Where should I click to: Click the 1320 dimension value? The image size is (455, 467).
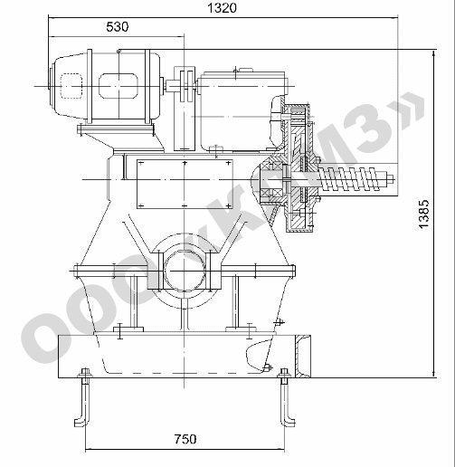[x=223, y=8]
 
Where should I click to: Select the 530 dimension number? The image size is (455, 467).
[x=118, y=27]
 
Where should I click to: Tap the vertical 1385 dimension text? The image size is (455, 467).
[x=423, y=214]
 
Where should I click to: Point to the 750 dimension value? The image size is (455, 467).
[x=185, y=439]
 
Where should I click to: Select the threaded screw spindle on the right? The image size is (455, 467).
[x=354, y=179]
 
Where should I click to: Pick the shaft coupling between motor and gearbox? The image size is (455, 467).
[x=185, y=86]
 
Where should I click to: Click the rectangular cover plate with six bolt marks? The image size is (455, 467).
[x=185, y=184]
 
